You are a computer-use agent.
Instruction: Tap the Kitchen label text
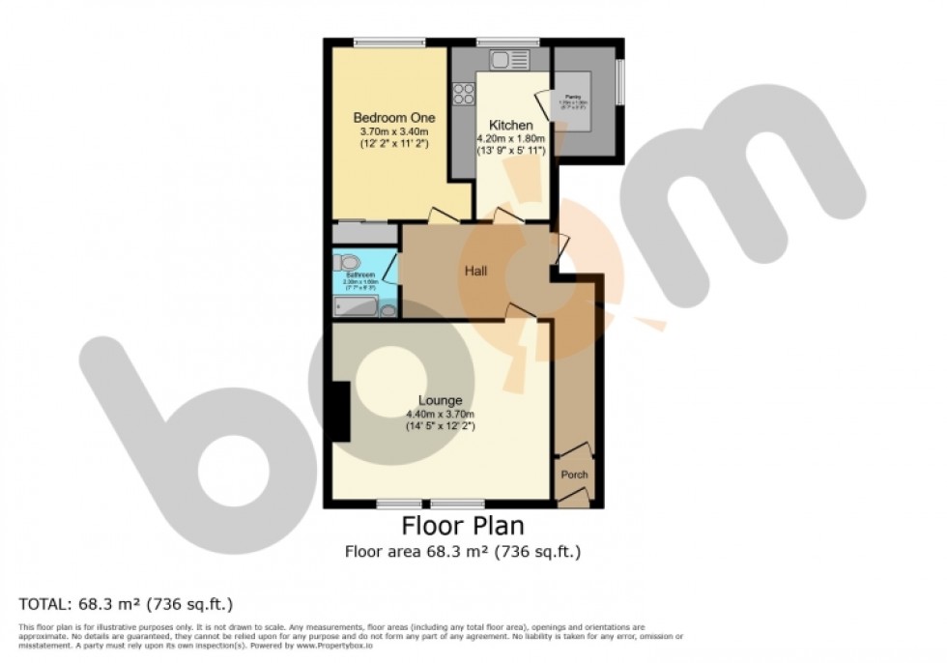(x=510, y=126)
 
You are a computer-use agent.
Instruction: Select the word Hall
(x=473, y=272)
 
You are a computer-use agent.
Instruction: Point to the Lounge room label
(x=440, y=400)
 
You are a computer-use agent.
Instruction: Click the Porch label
(x=574, y=475)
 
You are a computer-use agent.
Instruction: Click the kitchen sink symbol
(x=509, y=60)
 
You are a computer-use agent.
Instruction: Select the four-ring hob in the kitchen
(x=464, y=94)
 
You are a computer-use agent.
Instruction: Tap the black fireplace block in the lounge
(x=338, y=412)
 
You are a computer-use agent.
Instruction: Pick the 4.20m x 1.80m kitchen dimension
(x=510, y=139)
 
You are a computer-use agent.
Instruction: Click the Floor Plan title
(x=463, y=527)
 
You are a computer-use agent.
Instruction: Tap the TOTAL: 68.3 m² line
(x=127, y=605)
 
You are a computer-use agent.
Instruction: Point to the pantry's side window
(x=620, y=80)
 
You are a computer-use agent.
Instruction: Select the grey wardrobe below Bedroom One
(x=364, y=234)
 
